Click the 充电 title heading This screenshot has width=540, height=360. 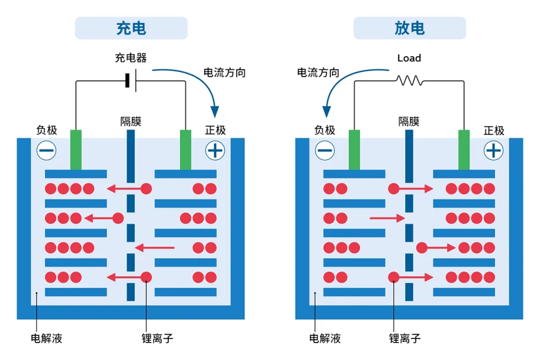[x=131, y=28]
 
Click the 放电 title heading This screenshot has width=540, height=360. [x=409, y=28]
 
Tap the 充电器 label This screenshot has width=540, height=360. [x=131, y=57]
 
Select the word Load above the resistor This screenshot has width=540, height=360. [x=409, y=58]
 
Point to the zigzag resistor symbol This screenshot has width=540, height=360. [x=409, y=80]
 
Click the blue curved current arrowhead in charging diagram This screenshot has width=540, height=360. [x=215, y=111]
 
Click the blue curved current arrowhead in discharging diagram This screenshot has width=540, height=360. [x=326, y=111]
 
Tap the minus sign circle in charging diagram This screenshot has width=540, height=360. [x=47, y=151]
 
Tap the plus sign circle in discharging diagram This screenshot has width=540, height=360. [x=493, y=151]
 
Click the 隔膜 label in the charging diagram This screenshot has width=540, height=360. [x=130, y=121]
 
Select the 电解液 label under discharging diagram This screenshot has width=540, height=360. [x=325, y=338]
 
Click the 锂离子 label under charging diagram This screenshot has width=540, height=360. [x=157, y=338]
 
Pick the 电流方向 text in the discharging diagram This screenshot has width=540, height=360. [x=318, y=73]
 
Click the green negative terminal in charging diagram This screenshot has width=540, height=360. [x=76, y=150]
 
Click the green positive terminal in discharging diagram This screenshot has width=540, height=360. [x=464, y=150]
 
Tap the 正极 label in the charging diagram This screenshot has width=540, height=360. [x=215, y=130]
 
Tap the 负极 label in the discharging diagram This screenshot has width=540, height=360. [x=325, y=130]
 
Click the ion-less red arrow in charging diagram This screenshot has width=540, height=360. [x=155, y=247]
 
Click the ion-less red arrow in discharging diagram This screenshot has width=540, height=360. [x=387, y=218]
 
